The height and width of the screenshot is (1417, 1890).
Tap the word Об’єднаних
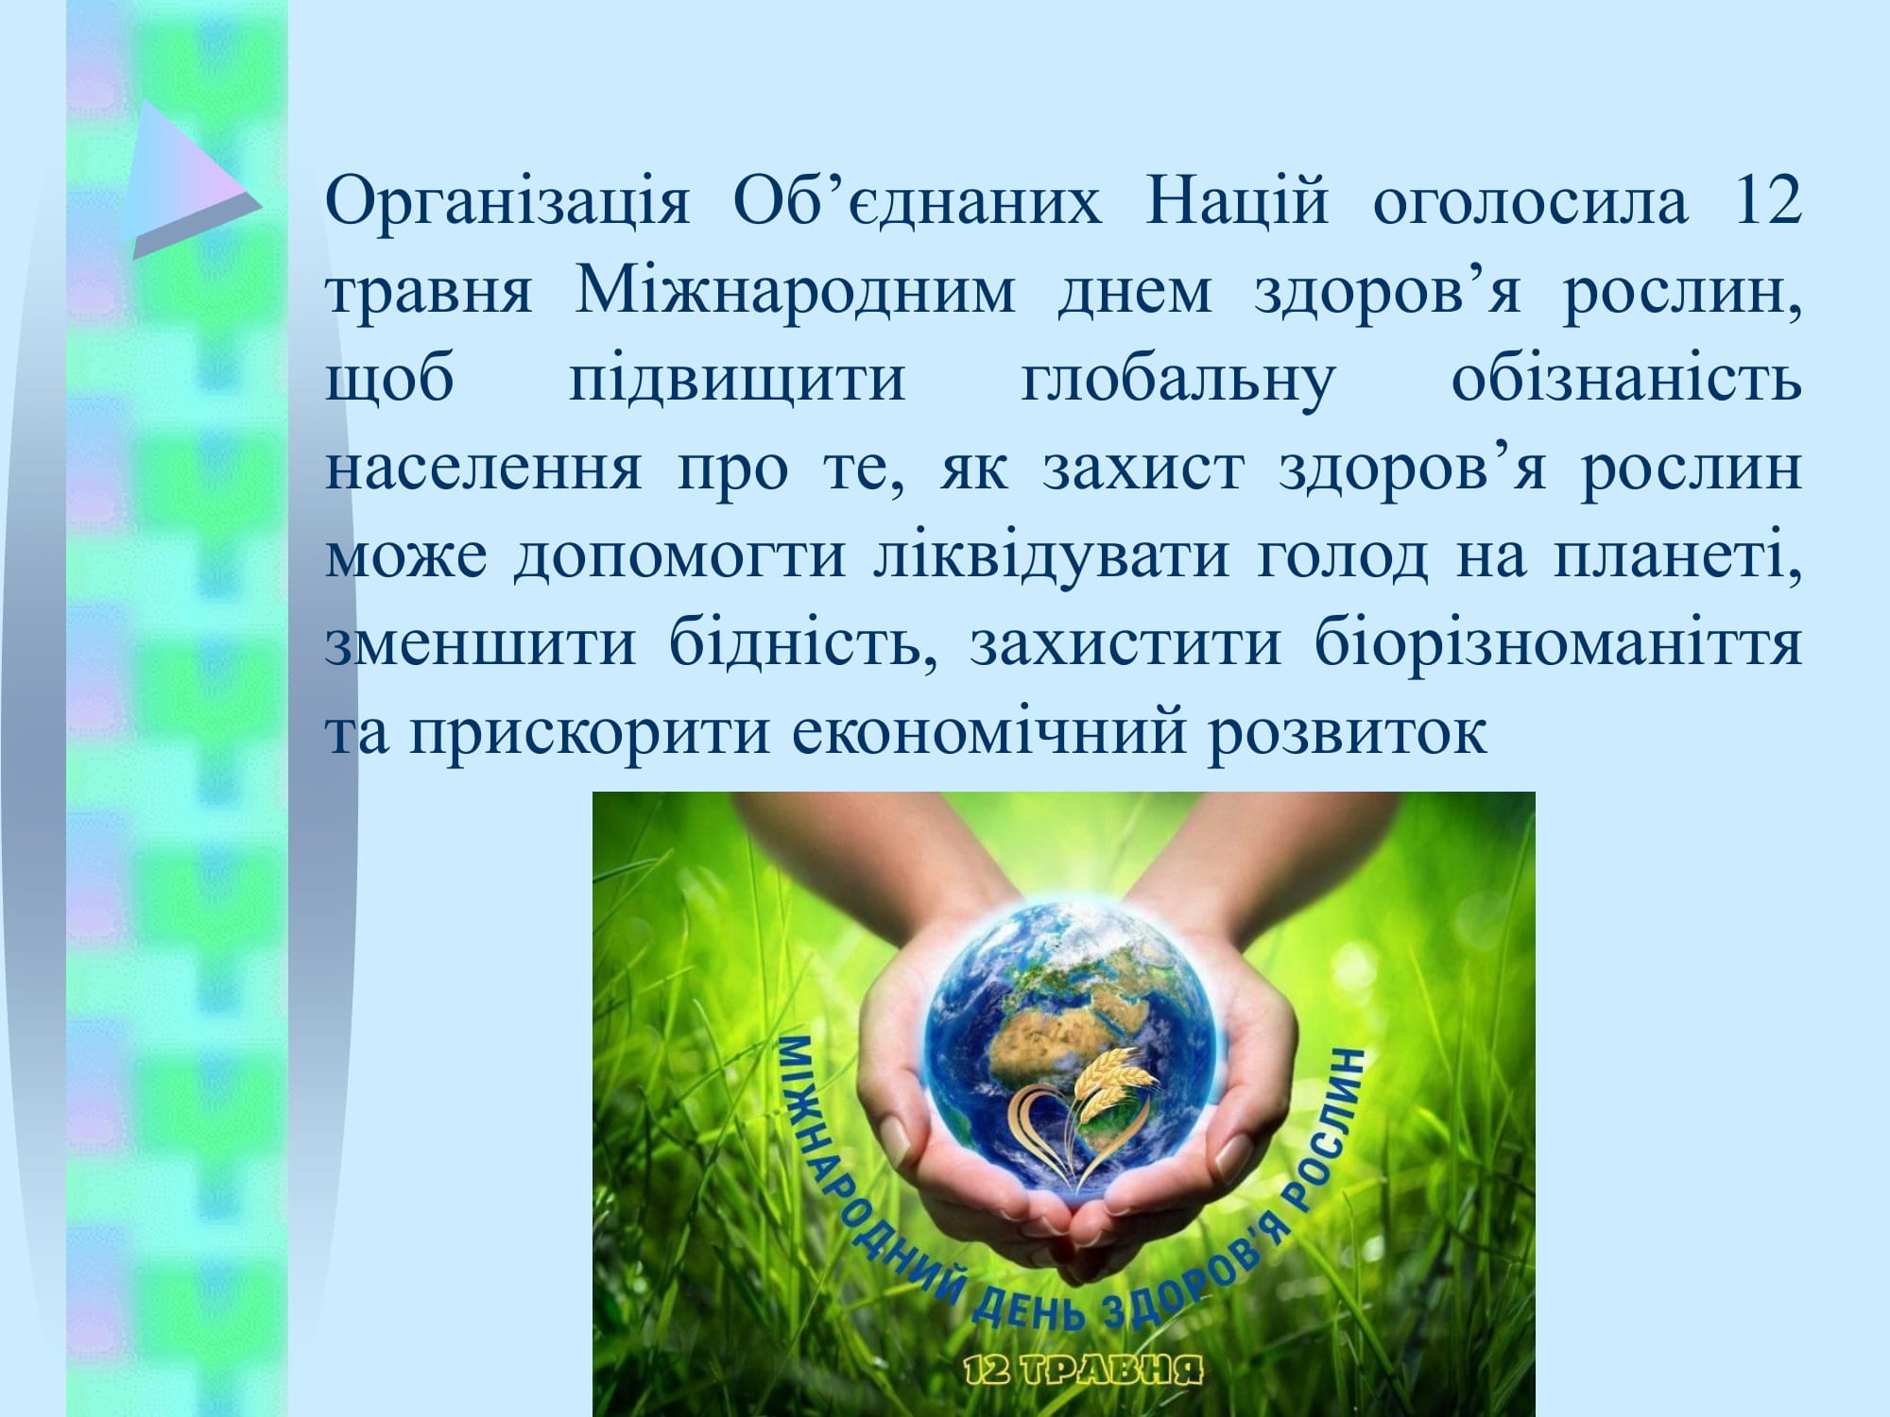(x=917, y=200)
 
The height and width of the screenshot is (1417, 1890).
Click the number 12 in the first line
(x=1766, y=200)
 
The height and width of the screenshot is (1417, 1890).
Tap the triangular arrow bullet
(x=194, y=179)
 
